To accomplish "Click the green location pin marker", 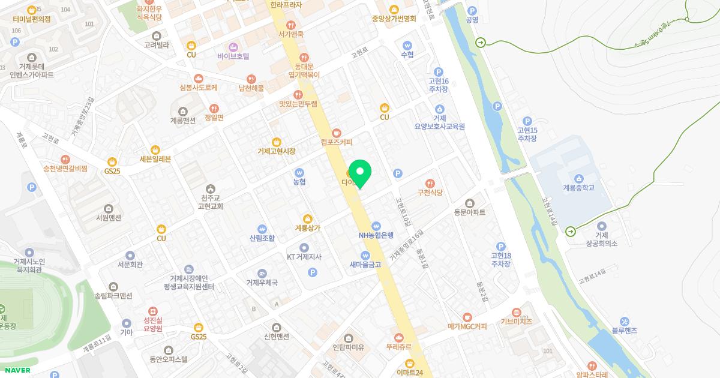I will click(360, 173).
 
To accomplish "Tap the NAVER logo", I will click(17, 370).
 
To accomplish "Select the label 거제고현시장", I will click(276, 151).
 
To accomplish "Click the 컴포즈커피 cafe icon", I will click(336, 133).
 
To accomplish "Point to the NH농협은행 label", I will click(376, 235).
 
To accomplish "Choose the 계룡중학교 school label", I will click(578, 188).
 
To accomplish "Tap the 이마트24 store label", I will click(410, 373).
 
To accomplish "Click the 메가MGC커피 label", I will click(467, 326).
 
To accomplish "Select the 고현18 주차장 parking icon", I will click(501, 247).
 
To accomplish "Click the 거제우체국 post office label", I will click(262, 283).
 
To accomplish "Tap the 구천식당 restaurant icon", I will click(430, 184).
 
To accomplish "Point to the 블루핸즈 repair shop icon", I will click(624, 321).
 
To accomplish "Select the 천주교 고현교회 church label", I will click(210, 202).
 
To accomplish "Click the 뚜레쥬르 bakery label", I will click(398, 347).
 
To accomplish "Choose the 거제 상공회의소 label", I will click(601, 239).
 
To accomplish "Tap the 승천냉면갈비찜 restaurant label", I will click(65, 169).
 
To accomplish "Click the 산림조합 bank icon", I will click(262, 229).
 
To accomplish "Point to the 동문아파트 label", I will click(469, 212).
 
